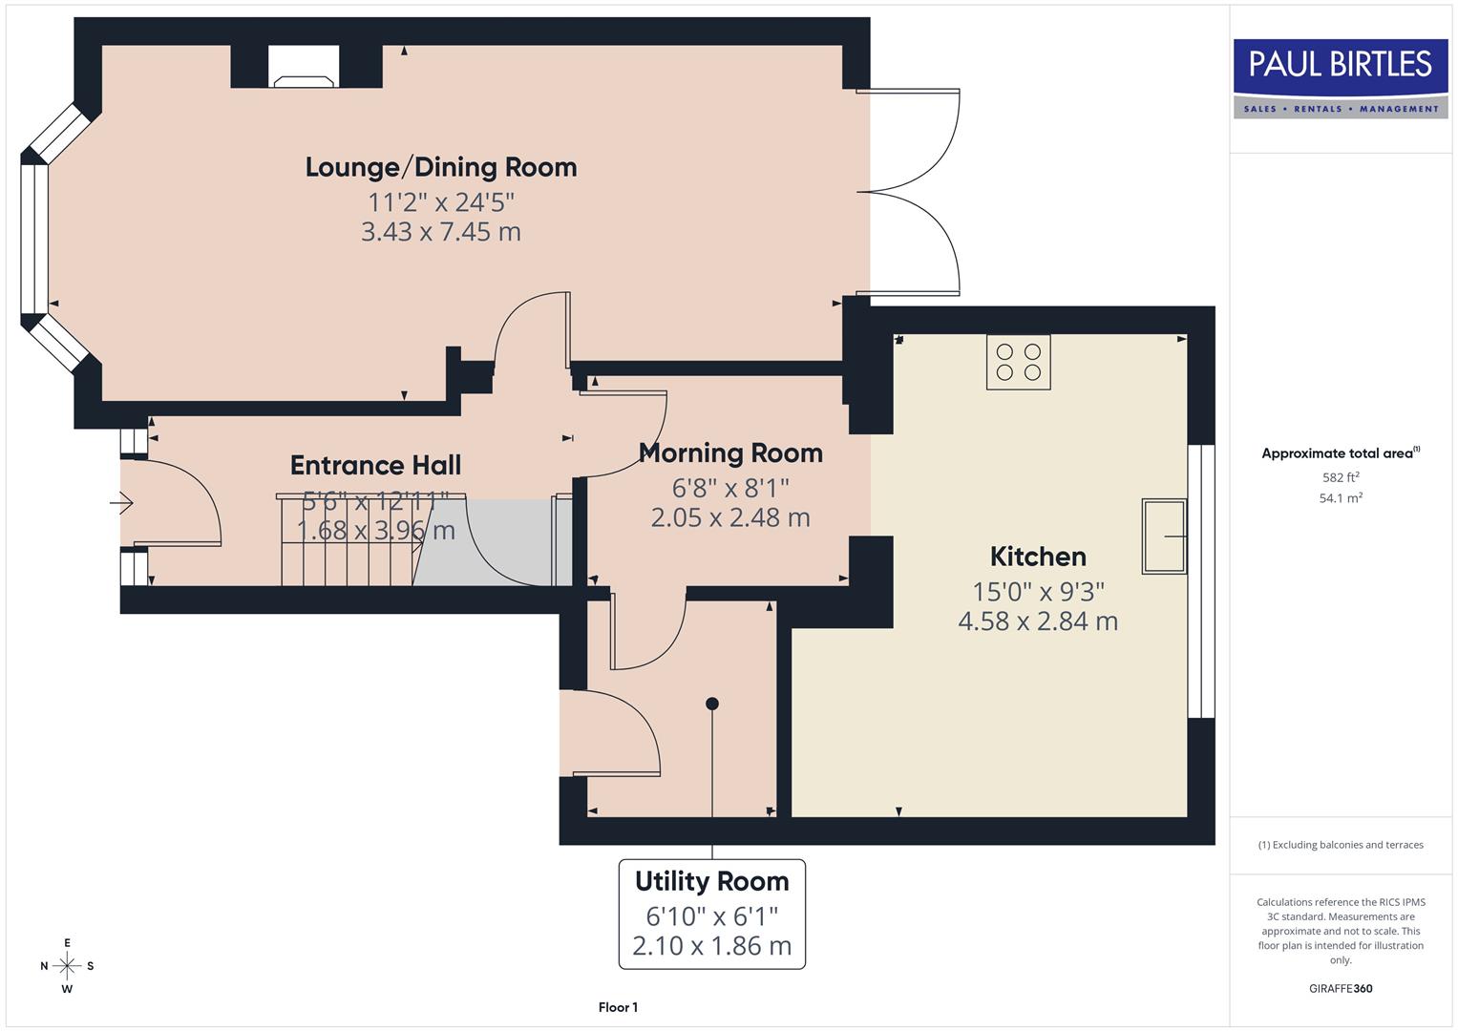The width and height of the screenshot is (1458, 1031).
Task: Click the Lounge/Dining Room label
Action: point(441,167)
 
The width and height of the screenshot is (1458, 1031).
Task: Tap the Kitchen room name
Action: point(1037,556)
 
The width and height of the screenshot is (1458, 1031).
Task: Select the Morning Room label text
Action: point(730,452)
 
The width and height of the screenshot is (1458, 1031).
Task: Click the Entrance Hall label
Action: point(375,465)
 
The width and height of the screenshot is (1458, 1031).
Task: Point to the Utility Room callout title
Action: point(712,881)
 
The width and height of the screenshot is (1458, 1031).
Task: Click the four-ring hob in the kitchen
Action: point(1018,362)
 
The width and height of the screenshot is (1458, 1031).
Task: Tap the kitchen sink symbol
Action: point(1165,537)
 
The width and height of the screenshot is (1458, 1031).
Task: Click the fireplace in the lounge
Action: point(303,67)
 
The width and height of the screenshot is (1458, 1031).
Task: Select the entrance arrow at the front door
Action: point(121,502)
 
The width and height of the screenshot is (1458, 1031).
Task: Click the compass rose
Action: point(67,966)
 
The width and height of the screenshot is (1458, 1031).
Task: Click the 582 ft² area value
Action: point(1340,477)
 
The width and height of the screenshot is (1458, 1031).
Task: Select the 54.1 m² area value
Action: point(1340,498)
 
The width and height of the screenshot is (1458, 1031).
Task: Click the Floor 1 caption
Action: point(618,1007)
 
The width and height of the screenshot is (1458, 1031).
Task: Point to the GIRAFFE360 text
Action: point(1340,988)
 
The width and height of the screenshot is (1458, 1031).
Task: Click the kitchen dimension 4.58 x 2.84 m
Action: point(1037,621)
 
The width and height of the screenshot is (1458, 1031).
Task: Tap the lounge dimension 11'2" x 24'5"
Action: point(441,202)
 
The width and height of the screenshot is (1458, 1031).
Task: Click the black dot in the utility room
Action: point(711,704)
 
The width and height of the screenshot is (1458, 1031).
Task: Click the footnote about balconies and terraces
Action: point(1340,845)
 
